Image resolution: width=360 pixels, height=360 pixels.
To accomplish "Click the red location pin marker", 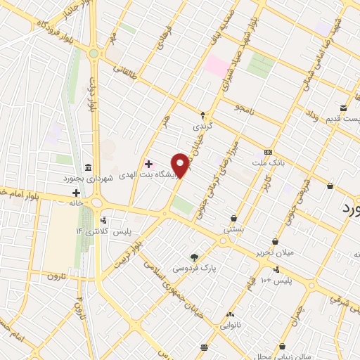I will tap(181, 165).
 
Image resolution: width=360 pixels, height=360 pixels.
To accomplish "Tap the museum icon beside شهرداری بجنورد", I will tap(87, 167).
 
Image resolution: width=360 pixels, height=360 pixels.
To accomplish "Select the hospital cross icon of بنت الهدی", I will tap(148, 164).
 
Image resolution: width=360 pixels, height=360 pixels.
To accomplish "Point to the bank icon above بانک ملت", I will tap(268, 152).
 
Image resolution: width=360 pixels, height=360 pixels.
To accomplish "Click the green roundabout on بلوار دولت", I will tap(94, 53).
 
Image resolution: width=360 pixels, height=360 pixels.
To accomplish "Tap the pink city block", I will tap(217, 67).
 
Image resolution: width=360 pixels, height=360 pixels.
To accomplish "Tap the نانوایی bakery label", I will tap(231, 325).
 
